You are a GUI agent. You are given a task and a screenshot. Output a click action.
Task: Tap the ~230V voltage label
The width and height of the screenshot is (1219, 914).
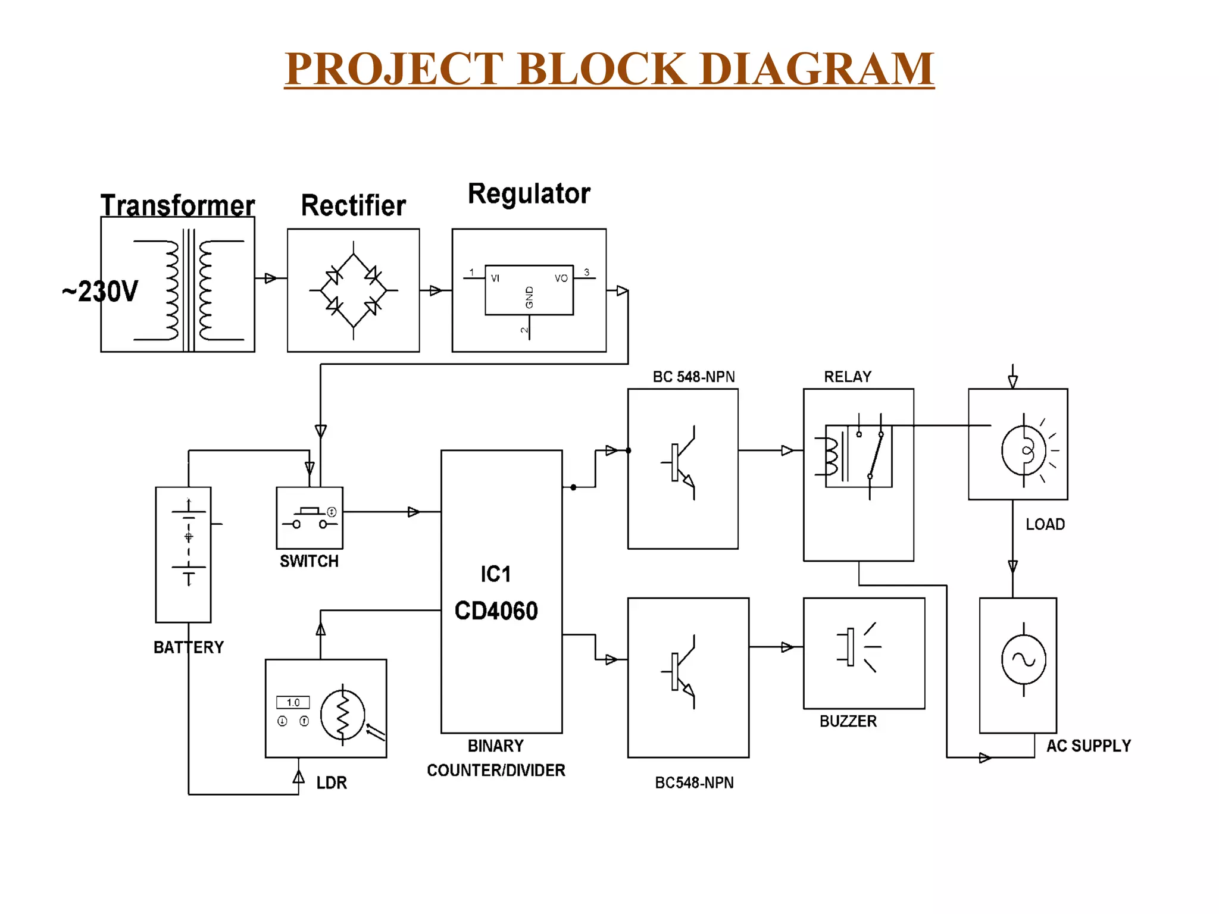click(100, 292)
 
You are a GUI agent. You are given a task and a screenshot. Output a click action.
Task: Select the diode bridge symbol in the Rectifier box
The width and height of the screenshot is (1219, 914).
click(354, 290)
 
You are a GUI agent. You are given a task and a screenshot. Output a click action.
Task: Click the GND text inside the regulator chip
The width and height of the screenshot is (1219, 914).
click(529, 298)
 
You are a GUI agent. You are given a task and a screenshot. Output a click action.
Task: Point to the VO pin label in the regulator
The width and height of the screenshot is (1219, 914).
click(561, 278)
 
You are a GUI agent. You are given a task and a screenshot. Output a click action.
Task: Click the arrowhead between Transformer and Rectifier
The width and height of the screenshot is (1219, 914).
click(270, 278)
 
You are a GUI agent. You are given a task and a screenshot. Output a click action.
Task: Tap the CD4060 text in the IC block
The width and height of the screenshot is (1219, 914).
click(496, 611)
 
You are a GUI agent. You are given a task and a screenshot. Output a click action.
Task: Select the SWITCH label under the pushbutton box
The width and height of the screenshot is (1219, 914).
click(309, 561)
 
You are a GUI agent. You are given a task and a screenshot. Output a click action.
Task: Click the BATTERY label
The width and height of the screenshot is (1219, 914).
click(189, 647)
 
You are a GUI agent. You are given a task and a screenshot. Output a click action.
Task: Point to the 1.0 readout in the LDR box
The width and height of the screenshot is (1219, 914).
click(293, 702)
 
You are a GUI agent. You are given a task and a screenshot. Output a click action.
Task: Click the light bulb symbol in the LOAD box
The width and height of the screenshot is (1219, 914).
click(1024, 450)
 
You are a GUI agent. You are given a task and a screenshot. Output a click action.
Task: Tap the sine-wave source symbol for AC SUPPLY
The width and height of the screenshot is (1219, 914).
click(1023, 659)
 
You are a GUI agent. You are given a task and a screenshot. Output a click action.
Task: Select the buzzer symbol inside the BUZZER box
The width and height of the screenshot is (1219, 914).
click(857, 647)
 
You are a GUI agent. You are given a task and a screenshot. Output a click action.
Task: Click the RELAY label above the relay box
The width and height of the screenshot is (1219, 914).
click(848, 377)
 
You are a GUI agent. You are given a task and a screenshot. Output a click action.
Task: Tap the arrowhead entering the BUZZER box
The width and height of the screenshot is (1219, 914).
click(787, 647)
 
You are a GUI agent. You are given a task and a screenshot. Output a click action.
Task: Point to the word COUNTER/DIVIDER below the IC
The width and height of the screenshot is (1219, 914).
click(496, 770)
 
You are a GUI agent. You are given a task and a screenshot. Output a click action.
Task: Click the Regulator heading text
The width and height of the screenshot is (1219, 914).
click(529, 194)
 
